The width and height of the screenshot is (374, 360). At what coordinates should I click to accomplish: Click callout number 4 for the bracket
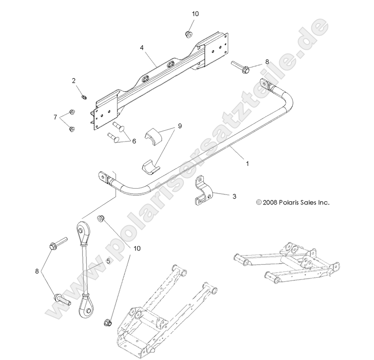pyautogui.click(x=142, y=47)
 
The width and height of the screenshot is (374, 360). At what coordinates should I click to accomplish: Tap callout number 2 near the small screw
pyautogui.click(x=73, y=81)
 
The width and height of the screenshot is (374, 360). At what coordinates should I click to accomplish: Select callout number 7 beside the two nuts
pyautogui.click(x=55, y=118)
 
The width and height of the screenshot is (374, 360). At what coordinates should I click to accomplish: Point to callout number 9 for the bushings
pyautogui.click(x=179, y=126)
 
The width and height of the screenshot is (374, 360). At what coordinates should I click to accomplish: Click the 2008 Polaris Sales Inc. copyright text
pyautogui.click(x=292, y=203)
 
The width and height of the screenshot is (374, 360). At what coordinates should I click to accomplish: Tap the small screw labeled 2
pyautogui.click(x=84, y=96)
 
